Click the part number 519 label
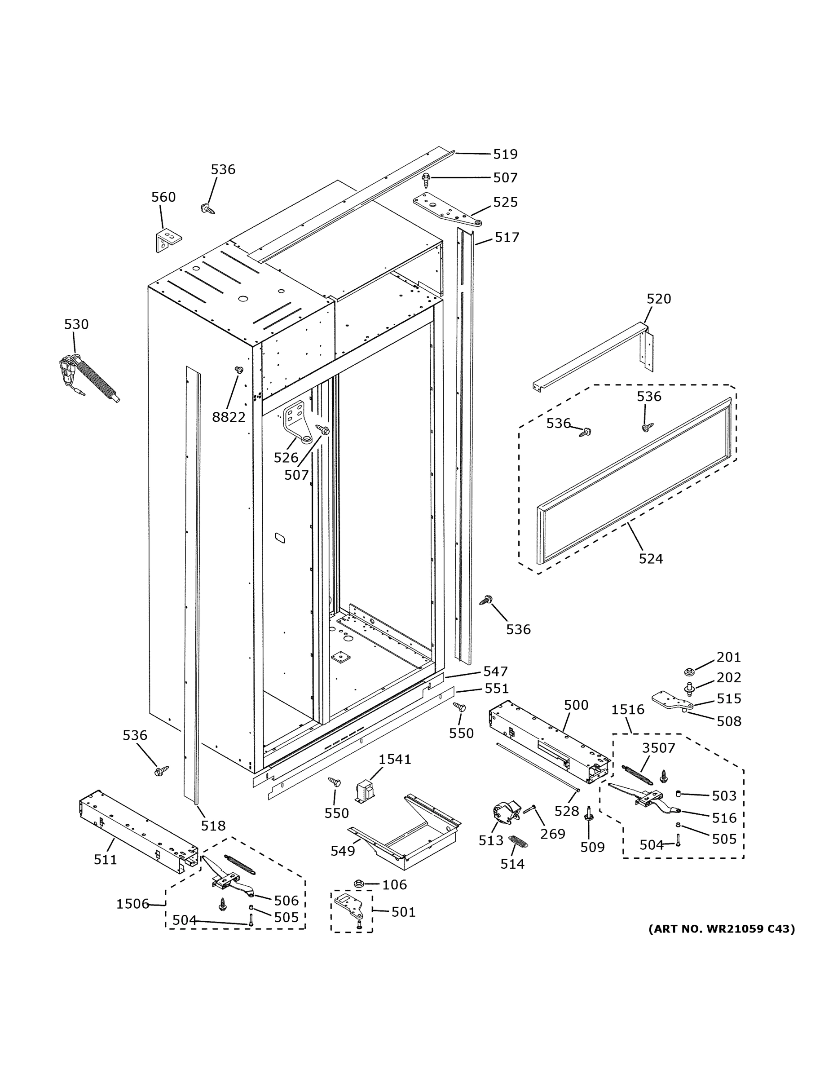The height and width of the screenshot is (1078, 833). [505, 155]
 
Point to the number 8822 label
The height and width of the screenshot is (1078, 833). [229, 417]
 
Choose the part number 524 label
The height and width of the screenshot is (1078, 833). [650, 559]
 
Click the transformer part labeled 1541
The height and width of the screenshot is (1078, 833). [365, 792]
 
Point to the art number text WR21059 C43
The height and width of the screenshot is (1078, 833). [722, 929]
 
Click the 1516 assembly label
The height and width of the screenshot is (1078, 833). [628, 709]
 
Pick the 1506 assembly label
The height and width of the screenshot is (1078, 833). [132, 904]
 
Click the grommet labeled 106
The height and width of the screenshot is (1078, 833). [359, 883]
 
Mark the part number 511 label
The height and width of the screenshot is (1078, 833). [106, 859]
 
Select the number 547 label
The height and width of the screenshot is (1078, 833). [495, 672]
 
